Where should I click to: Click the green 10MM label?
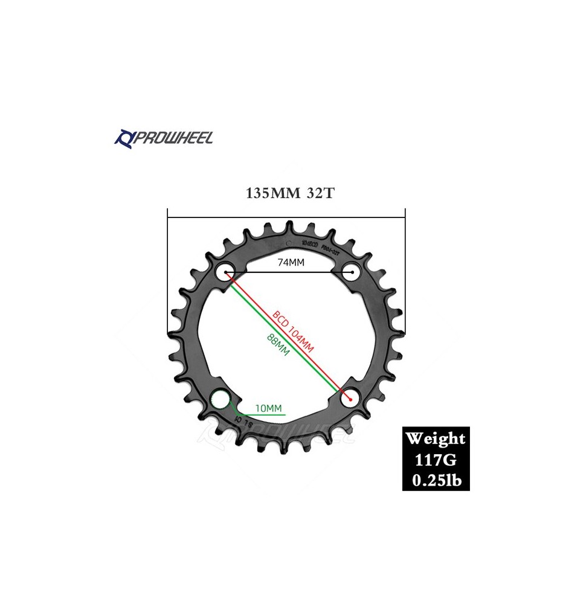point(269,408)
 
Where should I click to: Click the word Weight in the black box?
point(436,439)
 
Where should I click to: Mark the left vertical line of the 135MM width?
point(168,272)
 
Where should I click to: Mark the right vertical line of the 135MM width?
point(405,272)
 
